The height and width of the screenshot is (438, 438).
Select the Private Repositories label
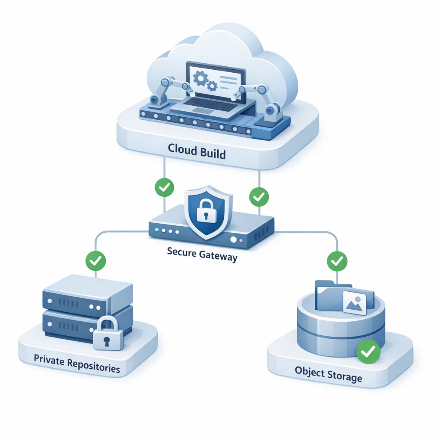[77, 364]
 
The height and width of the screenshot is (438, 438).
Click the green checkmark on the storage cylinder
[368, 352]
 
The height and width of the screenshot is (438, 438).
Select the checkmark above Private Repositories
[96, 259]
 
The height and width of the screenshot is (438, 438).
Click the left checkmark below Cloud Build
[164, 187]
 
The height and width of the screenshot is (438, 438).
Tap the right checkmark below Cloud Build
[259, 197]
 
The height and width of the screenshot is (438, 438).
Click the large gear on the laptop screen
[199, 78]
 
